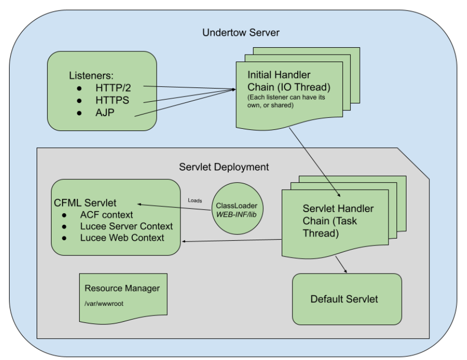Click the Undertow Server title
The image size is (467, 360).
tap(240, 33)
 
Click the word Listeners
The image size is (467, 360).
tap(93, 74)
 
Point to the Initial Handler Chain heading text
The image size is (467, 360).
tap(280, 81)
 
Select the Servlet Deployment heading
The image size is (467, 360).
tap(224, 167)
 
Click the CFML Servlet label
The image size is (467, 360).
tap(85, 203)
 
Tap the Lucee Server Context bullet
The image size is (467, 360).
tap(126, 226)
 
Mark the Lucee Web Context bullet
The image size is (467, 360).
tap(122, 238)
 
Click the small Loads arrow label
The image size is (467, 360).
tap(195, 200)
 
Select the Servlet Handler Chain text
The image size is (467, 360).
tap(330, 220)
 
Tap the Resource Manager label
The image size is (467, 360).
tap(122, 288)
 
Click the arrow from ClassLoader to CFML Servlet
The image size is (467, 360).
tap(175, 207)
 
